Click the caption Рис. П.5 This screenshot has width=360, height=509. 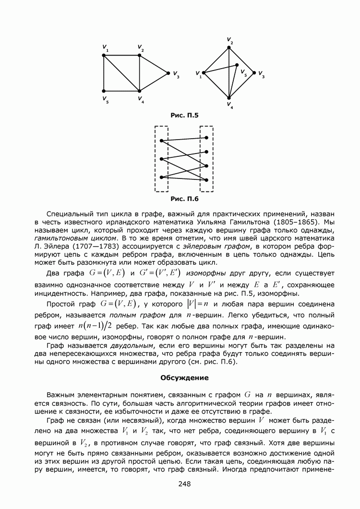click(184, 115)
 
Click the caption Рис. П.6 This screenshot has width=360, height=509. click(184, 198)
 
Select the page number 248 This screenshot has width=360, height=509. click(184, 484)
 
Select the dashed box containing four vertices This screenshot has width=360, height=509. click(206, 158)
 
